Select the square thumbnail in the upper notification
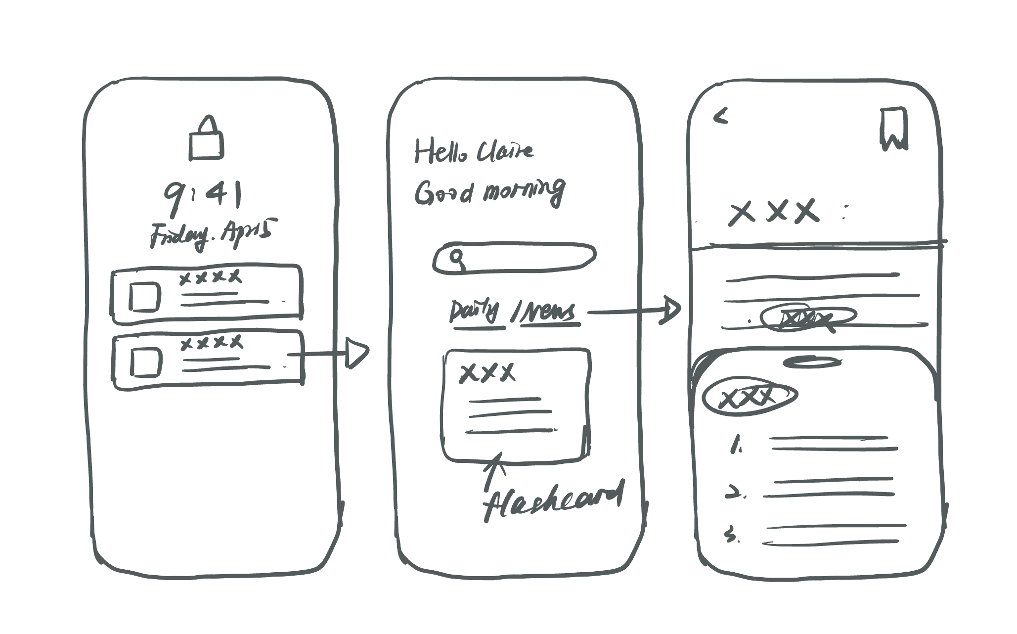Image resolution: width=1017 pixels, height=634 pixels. tap(144, 297)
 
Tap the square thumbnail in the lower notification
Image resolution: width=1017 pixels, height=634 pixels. tap(146, 362)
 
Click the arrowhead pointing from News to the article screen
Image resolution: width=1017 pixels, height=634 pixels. tap(670, 311)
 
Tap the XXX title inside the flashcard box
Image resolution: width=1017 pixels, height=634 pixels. tap(487, 373)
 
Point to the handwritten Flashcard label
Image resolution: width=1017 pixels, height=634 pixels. tap(551, 502)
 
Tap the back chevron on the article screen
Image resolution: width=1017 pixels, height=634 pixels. tap(721, 117)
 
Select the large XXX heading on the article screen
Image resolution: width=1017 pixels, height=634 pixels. tap(774, 212)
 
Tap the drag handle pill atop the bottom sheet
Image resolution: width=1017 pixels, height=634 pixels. tap(812, 362)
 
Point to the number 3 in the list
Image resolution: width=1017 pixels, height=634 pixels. tap(730, 536)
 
